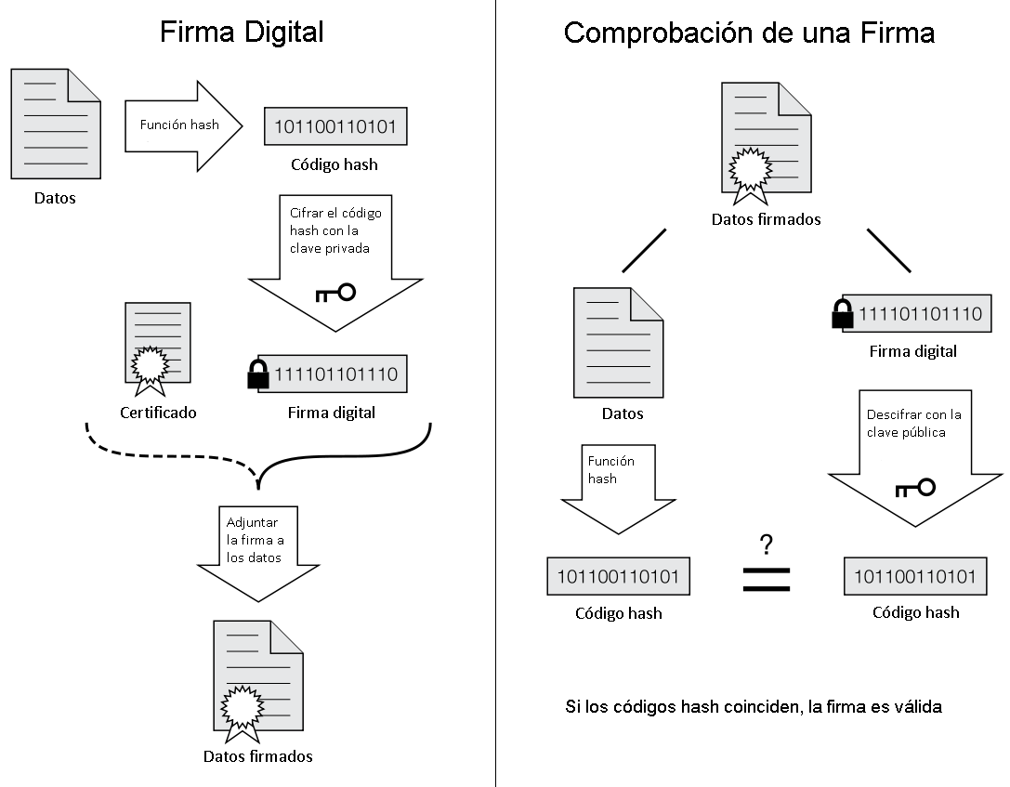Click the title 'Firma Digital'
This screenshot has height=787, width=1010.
click(242, 32)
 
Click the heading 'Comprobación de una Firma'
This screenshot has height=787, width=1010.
click(749, 33)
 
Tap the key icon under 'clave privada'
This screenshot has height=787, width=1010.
click(335, 294)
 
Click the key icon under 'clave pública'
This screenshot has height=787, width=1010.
click(915, 487)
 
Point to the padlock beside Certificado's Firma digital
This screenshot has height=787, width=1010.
click(257, 374)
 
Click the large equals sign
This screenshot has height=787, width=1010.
click(767, 579)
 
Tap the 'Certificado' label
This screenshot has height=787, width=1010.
click(158, 413)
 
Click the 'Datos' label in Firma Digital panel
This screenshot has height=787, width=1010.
click(55, 198)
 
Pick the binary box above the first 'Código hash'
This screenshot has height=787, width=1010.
click(335, 125)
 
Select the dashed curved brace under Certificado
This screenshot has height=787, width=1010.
click(167, 451)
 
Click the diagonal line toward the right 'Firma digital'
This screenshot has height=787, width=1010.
click(888, 250)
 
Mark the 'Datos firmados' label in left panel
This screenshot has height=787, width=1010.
click(257, 755)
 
